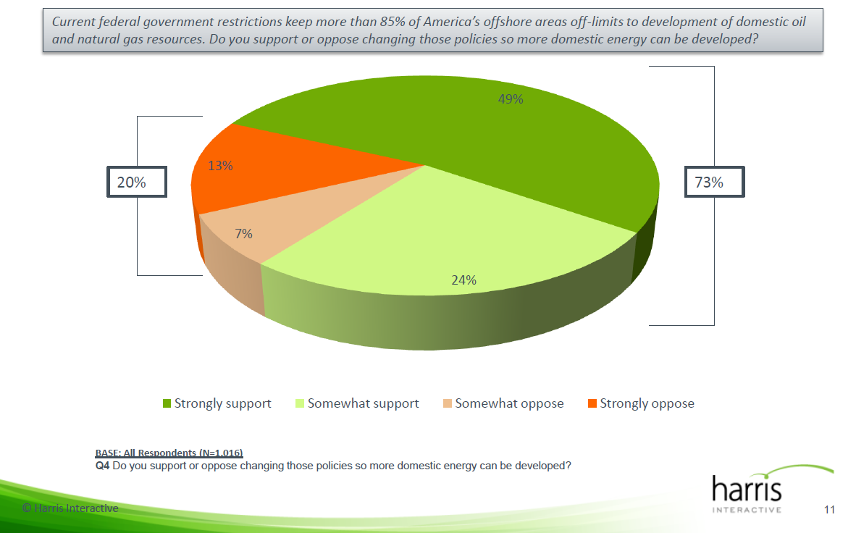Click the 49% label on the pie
point(510,99)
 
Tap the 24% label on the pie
point(463,280)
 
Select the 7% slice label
point(243,233)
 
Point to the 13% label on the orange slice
point(220,166)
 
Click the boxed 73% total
point(714,182)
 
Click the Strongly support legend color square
point(167,403)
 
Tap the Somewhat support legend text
point(363,403)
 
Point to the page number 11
point(829,510)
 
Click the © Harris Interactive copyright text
point(70,508)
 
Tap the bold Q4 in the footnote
point(102,466)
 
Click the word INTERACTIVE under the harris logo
point(747,510)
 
